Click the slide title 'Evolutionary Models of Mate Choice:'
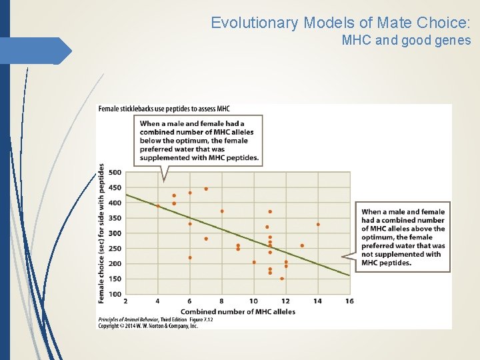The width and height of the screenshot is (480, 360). (x=341, y=23)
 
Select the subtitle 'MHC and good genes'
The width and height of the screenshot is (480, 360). (x=406, y=41)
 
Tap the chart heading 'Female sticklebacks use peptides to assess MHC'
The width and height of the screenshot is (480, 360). (x=164, y=109)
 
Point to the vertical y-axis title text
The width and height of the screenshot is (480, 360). (x=101, y=233)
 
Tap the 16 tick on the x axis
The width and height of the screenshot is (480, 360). (x=349, y=301)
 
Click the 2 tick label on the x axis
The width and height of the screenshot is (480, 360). (x=126, y=301)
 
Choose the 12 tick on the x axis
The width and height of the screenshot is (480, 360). (x=285, y=301)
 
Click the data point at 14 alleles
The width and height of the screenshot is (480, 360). (x=318, y=225)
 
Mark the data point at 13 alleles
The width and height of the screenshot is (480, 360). (x=302, y=245)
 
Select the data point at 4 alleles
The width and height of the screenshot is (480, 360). (x=158, y=206)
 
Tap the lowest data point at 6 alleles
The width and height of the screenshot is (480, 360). (x=190, y=257)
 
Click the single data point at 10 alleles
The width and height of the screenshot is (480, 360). (x=254, y=262)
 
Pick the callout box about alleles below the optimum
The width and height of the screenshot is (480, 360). (x=201, y=141)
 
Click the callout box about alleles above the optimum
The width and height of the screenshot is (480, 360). (x=403, y=237)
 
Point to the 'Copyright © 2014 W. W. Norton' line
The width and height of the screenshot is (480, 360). (x=148, y=326)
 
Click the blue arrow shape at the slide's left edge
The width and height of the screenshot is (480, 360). (x=37, y=51)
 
